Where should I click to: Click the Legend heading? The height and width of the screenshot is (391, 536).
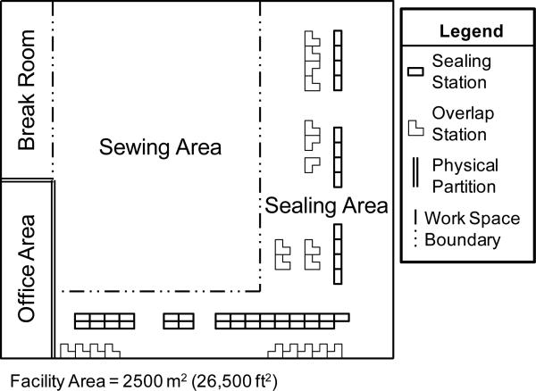click(471, 31)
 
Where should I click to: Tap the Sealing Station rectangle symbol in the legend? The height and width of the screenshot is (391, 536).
click(415, 71)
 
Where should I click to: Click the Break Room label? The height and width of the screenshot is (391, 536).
click(26, 90)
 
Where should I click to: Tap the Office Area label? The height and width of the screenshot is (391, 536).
click(26, 269)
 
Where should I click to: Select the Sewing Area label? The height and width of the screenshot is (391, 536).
click(160, 147)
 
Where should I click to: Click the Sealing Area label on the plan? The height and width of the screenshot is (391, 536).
click(326, 205)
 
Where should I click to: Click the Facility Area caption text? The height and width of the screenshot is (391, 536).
click(144, 381)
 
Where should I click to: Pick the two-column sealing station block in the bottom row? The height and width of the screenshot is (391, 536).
click(179, 321)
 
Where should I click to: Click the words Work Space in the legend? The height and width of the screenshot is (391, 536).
click(472, 218)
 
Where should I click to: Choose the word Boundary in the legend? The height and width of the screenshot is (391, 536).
click(462, 240)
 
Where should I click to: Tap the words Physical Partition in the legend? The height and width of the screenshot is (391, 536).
click(465, 176)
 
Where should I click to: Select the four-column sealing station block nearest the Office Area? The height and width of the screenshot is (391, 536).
click(105, 321)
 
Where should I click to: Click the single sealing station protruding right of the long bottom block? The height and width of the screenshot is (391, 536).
click(342, 318)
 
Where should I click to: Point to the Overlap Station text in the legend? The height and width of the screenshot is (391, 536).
click(463, 123)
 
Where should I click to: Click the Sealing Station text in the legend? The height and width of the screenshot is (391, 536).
click(462, 71)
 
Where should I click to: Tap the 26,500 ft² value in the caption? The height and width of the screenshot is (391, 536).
click(234, 381)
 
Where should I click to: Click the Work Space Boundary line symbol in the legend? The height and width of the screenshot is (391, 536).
click(415, 229)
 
